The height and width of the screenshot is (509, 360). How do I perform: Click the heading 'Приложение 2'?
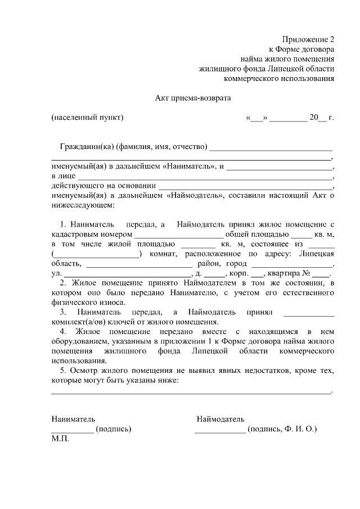(309, 39)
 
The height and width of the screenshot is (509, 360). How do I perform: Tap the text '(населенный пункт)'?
(87, 118)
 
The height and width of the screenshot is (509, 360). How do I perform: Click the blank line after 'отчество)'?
(271, 148)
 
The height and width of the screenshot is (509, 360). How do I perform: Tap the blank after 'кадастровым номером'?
(179, 234)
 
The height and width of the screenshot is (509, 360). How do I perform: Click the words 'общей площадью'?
(257, 234)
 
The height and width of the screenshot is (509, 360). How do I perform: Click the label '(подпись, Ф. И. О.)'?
(282, 429)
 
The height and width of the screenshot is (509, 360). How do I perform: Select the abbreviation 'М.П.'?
(60, 439)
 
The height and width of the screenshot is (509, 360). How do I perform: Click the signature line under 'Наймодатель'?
(220, 430)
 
